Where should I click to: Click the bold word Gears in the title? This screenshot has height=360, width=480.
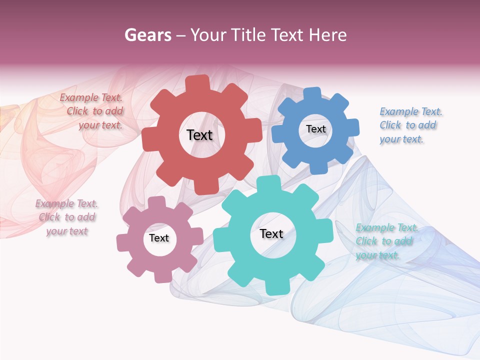[147, 35]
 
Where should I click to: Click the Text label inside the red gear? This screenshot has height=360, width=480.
[199, 135]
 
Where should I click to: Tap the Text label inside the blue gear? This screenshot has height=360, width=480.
[315, 129]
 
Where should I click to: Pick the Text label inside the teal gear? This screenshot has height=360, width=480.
[271, 234]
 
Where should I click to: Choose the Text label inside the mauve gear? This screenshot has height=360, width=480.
[159, 238]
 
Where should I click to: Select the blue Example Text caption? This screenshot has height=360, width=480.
[409, 125]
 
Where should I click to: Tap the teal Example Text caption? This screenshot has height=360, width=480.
[385, 241]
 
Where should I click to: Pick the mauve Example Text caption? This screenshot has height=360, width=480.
[67, 217]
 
